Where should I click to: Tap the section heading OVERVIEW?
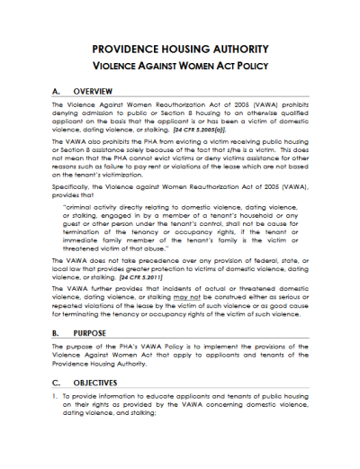pos(93,92)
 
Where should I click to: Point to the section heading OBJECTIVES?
pos(96,381)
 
